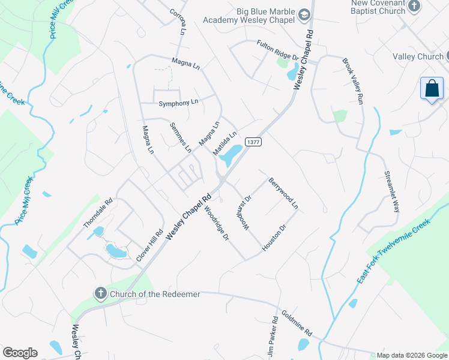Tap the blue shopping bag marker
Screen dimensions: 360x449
(x=432, y=89)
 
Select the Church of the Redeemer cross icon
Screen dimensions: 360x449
(x=101, y=293)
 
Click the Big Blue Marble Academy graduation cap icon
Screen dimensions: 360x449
(x=304, y=14)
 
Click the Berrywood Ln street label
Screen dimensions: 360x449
(x=283, y=193)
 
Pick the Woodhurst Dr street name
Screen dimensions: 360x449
(x=244, y=211)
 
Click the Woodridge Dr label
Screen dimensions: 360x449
(x=217, y=224)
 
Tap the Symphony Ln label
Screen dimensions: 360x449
(x=178, y=103)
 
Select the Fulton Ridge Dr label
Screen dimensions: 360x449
(x=277, y=49)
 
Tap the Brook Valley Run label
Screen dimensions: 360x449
(x=353, y=82)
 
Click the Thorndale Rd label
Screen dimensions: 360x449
(x=98, y=214)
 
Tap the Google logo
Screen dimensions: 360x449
(x=20, y=353)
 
